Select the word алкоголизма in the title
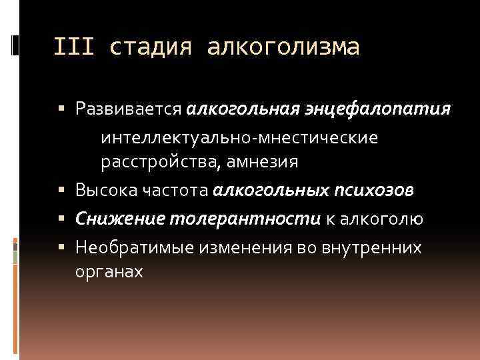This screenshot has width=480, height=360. (283, 47)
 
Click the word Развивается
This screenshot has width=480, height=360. (128, 109)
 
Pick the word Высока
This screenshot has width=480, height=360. (102, 191)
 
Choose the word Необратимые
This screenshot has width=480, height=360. (129, 248)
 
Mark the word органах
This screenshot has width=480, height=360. (109, 273)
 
